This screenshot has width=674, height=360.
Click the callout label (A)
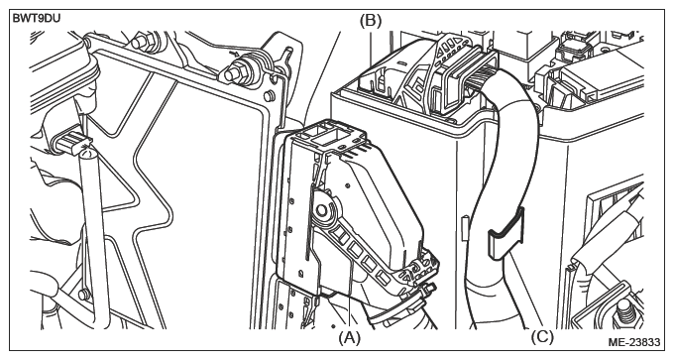(349, 337)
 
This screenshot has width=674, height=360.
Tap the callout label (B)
(370, 20)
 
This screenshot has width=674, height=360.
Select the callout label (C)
(542, 337)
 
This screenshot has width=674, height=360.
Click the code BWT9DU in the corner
(36, 19)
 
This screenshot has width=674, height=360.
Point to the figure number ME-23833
(633, 342)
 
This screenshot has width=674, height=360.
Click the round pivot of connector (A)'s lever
(321, 210)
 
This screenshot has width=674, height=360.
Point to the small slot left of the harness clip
(464, 228)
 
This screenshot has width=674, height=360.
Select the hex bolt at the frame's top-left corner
(142, 43)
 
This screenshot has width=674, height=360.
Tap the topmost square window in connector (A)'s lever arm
(341, 233)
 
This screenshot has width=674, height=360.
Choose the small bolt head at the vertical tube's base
(84, 295)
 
